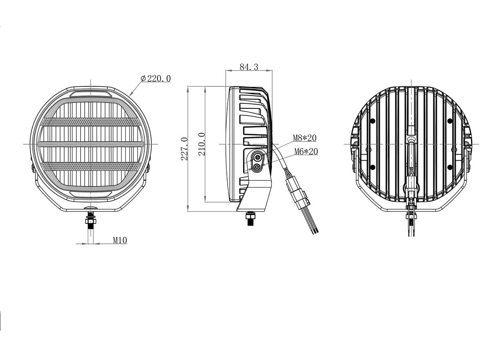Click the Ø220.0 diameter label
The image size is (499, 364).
tap(155, 78)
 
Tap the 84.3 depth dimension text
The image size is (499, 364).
tap(249, 67)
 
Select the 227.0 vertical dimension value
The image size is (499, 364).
tap(184, 148)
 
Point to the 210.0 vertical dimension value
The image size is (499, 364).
tap(202, 144)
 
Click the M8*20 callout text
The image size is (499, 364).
tap(305, 138)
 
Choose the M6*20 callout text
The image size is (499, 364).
tap(306, 152)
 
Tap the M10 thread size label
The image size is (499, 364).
tap(120, 240)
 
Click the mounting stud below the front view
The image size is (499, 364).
tap(91, 220)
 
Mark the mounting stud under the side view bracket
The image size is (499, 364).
tap(250, 219)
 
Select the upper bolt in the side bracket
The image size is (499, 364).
tap(257, 157)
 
